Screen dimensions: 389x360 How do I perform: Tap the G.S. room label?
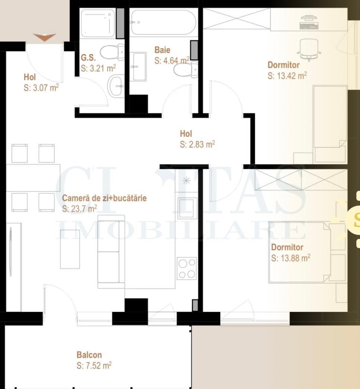point(88,58)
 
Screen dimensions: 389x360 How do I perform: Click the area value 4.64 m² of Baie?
point(172,60)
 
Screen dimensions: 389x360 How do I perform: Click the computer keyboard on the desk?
point(309,26)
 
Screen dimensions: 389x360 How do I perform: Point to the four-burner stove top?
point(187,269)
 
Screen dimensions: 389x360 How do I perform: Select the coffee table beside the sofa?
point(70,249)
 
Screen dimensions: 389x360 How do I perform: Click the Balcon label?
point(89,355)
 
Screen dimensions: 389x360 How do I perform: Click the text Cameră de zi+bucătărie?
point(104,198)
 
